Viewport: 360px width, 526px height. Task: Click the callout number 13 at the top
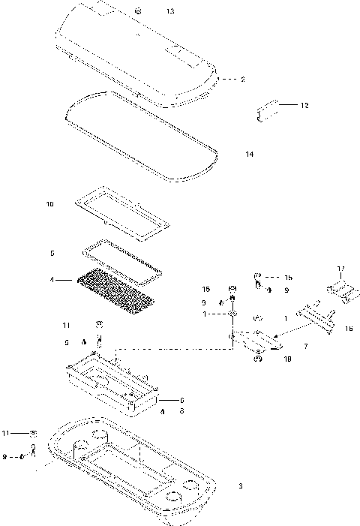pos(170,12)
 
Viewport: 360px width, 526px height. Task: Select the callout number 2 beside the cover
pos(242,79)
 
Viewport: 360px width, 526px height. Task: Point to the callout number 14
pos(250,154)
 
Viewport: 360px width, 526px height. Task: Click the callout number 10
pos(50,203)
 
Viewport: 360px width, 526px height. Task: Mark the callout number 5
pos(52,253)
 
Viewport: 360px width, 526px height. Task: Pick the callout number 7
pos(305,346)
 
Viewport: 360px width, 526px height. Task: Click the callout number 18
pos(289,359)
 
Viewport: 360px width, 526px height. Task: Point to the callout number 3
pos(240,487)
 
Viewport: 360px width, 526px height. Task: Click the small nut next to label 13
pos(139,11)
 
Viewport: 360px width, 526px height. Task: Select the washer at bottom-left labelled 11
pos(34,434)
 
